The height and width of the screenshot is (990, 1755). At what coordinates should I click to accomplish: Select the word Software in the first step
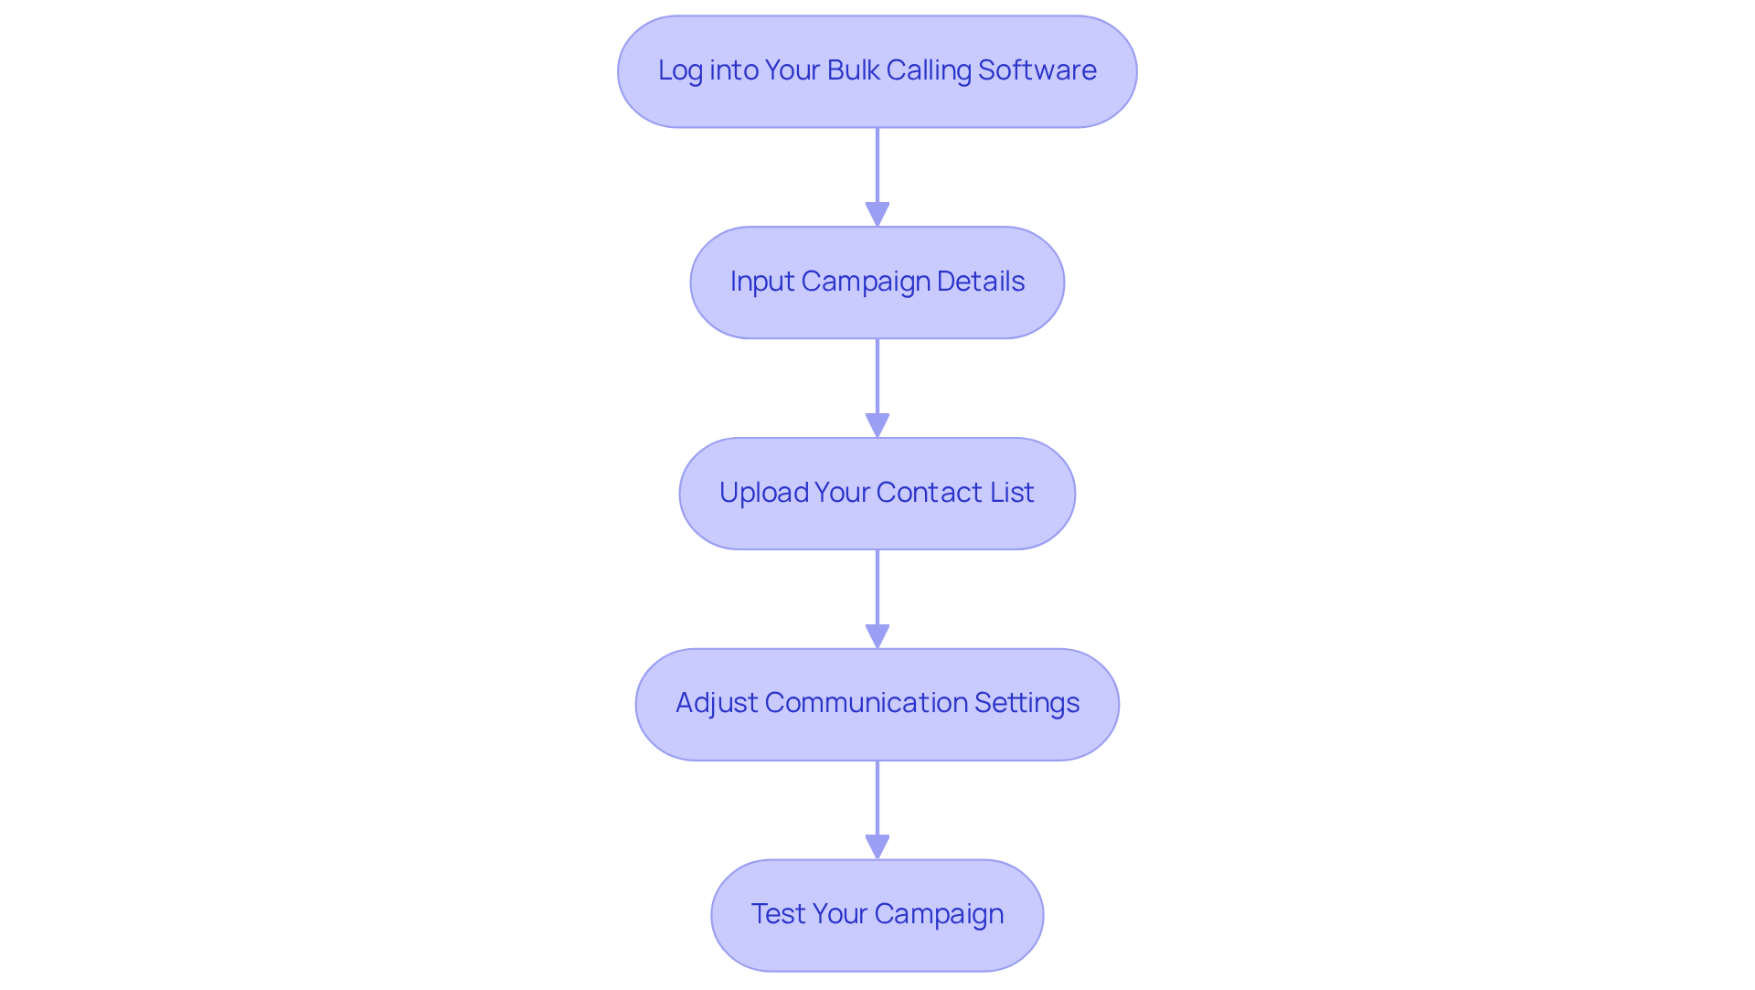(x=1037, y=70)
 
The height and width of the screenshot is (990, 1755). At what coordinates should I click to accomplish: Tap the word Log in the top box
(x=680, y=70)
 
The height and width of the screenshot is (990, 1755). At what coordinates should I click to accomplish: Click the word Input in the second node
(x=761, y=282)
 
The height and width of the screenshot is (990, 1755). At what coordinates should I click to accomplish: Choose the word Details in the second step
(x=980, y=282)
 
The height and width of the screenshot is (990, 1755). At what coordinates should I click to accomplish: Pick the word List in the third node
(x=1011, y=493)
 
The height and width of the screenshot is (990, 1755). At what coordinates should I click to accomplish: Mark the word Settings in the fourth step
(x=1026, y=703)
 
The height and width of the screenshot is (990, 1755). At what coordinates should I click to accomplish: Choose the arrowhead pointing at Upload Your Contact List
(x=877, y=426)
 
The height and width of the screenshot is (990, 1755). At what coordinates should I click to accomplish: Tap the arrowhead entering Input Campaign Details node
(x=877, y=215)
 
